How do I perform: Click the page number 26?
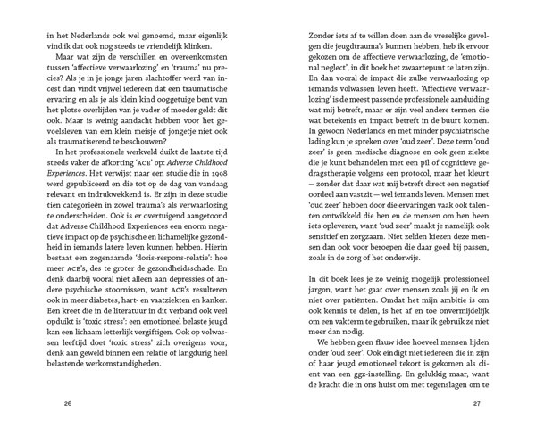pyautogui.click(x=68, y=403)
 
